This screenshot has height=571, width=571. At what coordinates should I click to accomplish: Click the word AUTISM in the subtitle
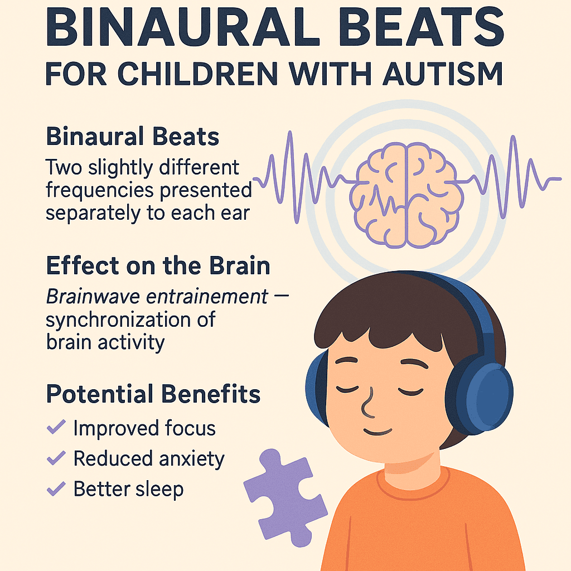point(443,74)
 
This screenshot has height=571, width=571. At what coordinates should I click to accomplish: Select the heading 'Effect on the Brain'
point(158,265)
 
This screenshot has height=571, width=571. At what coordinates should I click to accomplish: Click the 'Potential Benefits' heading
point(153,394)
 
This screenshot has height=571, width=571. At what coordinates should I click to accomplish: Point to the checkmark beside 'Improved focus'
point(56,427)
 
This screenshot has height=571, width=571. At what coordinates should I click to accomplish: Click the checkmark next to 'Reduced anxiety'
point(56,457)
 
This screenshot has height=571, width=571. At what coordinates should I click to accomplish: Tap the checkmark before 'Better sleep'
point(56,488)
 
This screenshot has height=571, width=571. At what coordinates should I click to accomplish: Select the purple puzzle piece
point(285,497)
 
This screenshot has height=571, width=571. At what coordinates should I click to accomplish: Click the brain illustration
point(406,195)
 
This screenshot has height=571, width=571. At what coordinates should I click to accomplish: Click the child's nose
point(368,404)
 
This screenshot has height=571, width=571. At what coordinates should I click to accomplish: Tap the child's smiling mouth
point(378,432)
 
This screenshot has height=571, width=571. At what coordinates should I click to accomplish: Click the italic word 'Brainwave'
point(93,297)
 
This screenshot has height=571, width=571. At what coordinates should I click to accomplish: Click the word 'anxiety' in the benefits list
point(192,459)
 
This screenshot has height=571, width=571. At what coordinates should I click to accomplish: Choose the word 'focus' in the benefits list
point(190,428)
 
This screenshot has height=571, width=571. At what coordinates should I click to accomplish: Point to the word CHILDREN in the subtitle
point(198,74)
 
